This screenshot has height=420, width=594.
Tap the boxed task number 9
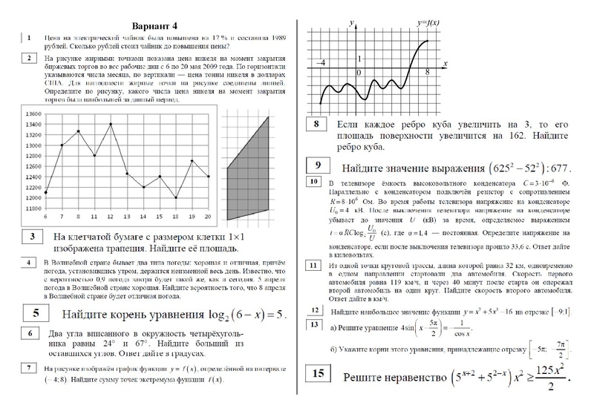[318, 165]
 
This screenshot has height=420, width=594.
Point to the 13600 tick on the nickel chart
[33, 114]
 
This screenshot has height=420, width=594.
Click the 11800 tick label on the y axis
[33, 209]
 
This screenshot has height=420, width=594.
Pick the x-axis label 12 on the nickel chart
[111, 216]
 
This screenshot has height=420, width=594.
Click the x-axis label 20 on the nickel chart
[208, 216]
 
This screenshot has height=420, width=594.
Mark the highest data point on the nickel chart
[111, 124]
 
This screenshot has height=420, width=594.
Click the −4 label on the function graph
[321, 65]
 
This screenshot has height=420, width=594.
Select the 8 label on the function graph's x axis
[428, 72]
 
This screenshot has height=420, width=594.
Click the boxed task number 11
[313, 265]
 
